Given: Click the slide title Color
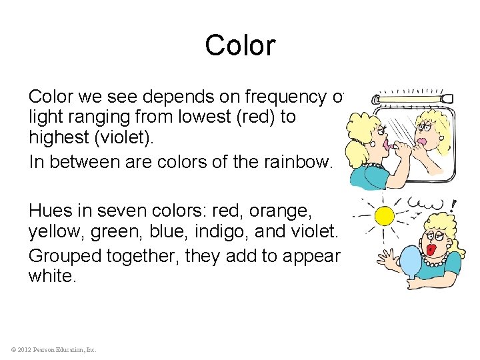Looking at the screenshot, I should tap(239, 45).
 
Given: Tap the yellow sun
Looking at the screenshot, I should tap(384, 215).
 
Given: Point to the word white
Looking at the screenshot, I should tap(52, 275).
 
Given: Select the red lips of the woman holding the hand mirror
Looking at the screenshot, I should tap(431, 249).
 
